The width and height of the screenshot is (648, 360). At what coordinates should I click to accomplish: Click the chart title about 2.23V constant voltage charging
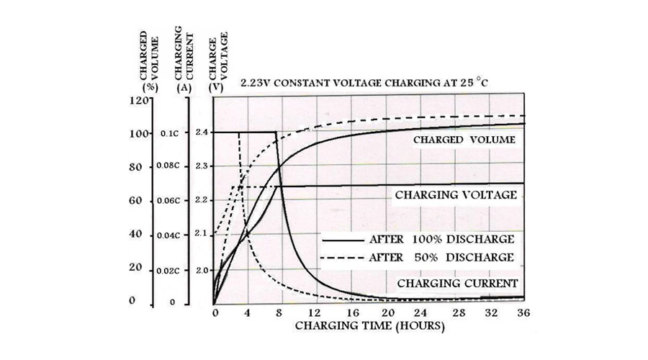(x=364, y=84)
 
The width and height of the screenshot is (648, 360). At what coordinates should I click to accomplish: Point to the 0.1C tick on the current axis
(x=169, y=133)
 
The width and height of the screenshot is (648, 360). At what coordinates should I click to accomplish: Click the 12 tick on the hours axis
(x=313, y=314)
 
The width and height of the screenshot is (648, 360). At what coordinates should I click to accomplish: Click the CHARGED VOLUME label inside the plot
(x=463, y=140)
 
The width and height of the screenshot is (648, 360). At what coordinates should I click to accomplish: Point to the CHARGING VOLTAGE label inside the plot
(x=455, y=195)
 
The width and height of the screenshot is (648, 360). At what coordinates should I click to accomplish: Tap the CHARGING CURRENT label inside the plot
(x=458, y=282)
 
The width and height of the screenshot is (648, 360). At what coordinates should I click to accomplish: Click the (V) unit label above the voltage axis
(x=213, y=86)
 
